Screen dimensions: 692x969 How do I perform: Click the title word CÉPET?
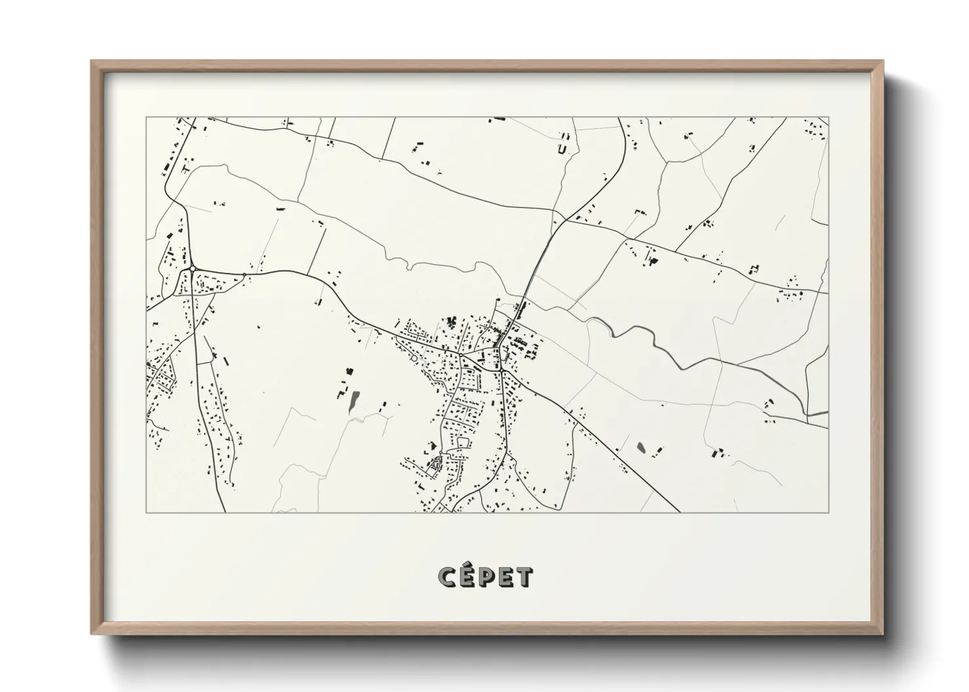(485, 577)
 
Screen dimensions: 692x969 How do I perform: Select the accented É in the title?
(467, 576)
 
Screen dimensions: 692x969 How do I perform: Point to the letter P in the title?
(486, 578)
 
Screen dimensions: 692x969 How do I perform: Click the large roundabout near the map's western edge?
(192, 269)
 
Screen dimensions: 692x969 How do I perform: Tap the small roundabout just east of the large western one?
(244, 275)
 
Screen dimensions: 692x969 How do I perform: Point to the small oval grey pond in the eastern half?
(640, 449)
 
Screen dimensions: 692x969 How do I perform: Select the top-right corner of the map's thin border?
(828, 118)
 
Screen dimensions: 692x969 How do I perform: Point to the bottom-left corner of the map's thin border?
(147, 512)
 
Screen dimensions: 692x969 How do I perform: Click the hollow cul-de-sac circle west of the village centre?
(413, 358)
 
